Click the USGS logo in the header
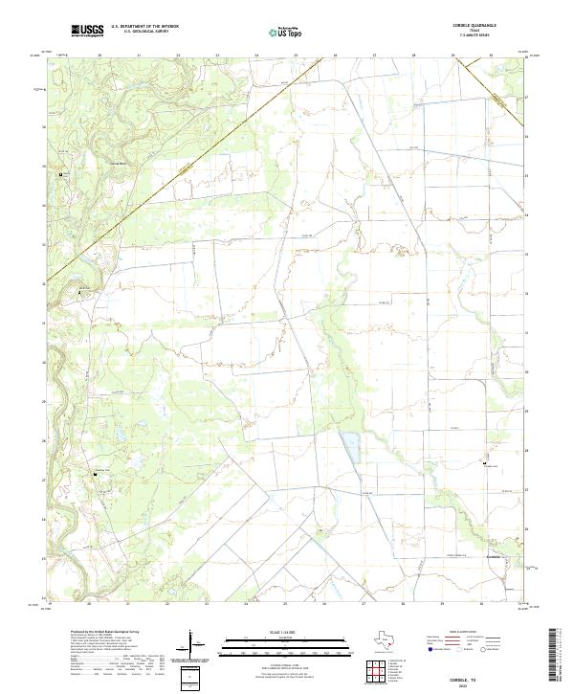click(87, 31)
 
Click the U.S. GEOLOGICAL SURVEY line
click(144, 32)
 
